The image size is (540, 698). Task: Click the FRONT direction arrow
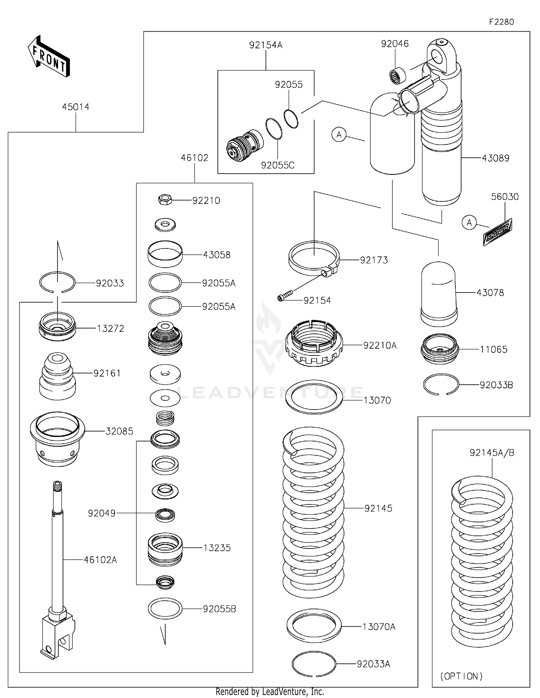coord(49,57)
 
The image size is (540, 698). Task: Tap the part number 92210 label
coord(206,201)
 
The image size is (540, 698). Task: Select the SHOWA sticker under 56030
coord(498,232)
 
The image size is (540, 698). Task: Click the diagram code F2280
coord(501,22)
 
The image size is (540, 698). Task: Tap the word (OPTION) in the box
coord(461,676)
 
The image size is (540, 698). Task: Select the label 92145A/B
coord(492,453)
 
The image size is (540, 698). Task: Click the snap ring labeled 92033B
coord(441,385)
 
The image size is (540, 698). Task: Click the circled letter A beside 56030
coord(469,223)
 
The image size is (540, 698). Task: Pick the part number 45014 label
coord(76,107)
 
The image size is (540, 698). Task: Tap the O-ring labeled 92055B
coord(165,609)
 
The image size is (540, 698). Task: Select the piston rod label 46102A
coord(100,560)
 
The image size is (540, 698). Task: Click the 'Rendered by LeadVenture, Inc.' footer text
coord(270,692)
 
